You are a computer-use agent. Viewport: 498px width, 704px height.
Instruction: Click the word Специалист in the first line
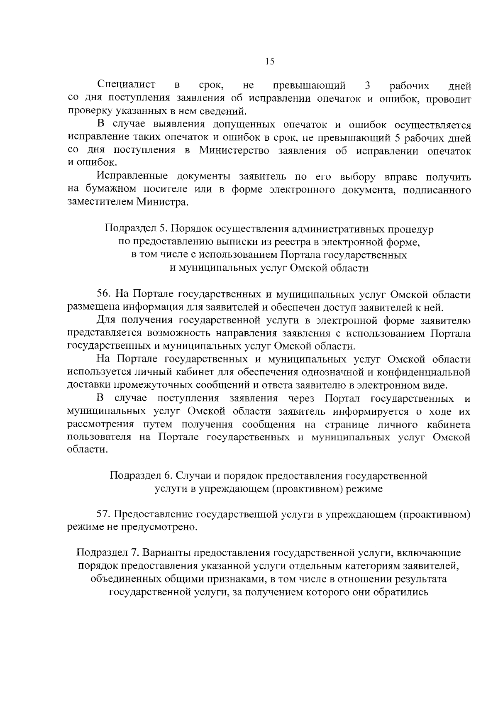(x=127, y=85)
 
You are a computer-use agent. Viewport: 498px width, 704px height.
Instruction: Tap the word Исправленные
(x=132, y=177)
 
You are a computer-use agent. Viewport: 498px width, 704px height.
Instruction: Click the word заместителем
(x=98, y=203)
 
